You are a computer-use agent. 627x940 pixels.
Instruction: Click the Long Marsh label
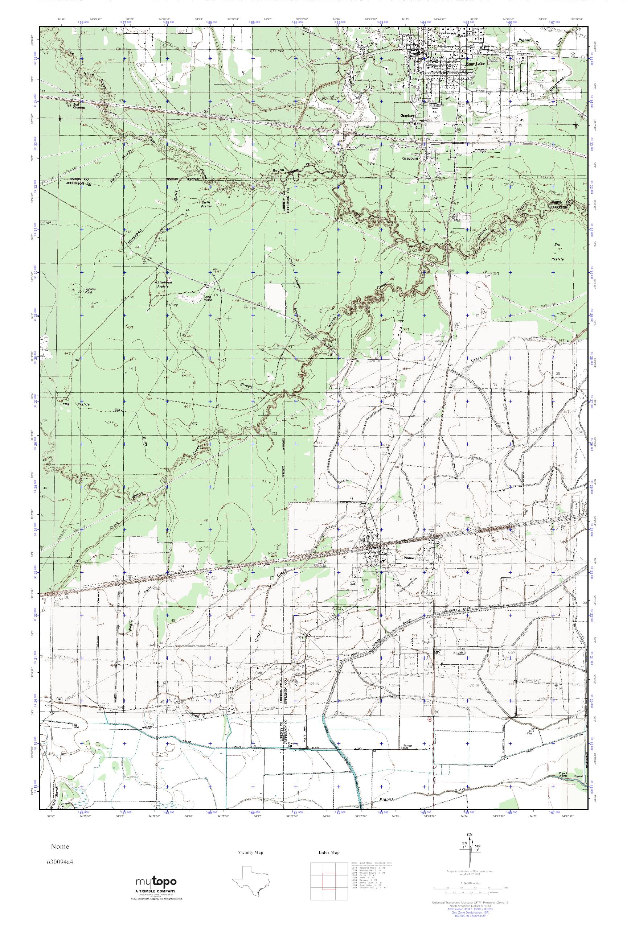tap(208, 298)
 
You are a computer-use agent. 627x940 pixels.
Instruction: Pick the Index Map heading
tap(329, 852)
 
